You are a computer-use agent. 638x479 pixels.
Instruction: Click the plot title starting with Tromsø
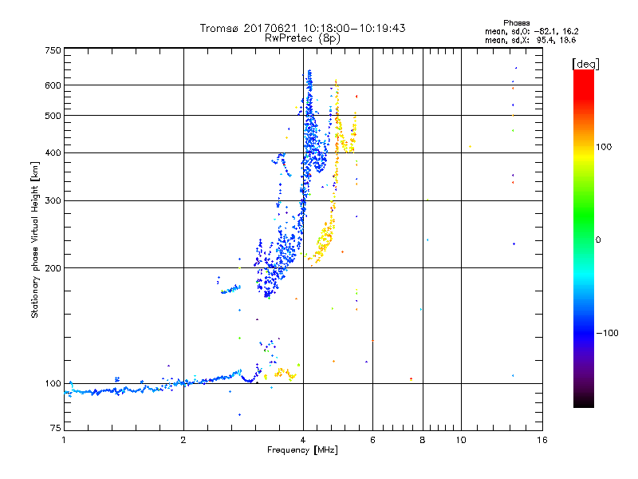point(302,28)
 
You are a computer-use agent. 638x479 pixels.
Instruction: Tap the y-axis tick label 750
point(53,49)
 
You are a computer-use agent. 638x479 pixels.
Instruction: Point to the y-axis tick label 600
point(53,85)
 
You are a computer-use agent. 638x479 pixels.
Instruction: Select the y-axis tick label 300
point(53,200)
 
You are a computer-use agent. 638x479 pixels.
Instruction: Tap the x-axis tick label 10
point(460,440)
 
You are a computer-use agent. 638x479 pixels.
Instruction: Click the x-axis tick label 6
point(372,440)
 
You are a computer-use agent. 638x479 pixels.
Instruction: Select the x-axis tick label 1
point(64,440)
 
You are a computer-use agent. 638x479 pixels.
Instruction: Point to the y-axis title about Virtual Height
point(34,239)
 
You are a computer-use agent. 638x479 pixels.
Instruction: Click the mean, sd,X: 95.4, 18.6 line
point(530,39)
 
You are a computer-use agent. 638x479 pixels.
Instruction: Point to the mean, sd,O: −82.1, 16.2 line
point(530,31)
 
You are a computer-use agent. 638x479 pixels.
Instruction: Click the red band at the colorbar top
point(583,77)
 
